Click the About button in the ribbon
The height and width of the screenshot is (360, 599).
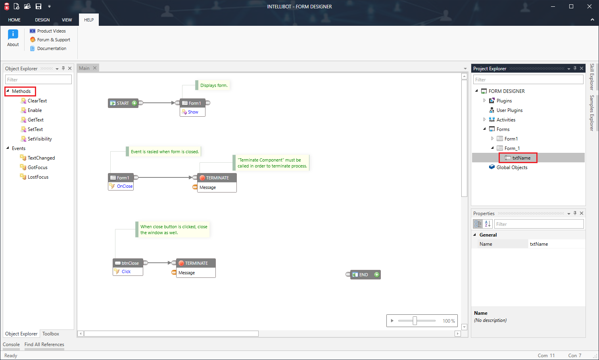click(x=13, y=38)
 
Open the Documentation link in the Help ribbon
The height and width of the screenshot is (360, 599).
click(x=52, y=48)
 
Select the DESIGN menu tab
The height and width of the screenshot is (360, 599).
click(x=42, y=20)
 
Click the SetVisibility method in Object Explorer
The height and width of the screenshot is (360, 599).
click(x=40, y=139)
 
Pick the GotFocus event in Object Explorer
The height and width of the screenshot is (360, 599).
click(x=37, y=167)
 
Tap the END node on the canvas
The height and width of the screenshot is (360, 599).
click(x=363, y=275)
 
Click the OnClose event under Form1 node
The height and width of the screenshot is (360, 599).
click(x=125, y=186)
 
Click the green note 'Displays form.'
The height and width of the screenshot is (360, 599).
click(x=214, y=85)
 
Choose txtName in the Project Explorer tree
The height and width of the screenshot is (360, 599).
click(x=521, y=158)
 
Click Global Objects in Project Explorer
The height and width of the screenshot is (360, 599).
click(x=512, y=167)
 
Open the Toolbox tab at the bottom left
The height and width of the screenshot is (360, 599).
click(x=51, y=334)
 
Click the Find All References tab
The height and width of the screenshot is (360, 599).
click(x=44, y=345)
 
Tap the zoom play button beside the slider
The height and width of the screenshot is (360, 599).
click(x=392, y=321)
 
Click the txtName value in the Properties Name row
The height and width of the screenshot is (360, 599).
click(x=539, y=244)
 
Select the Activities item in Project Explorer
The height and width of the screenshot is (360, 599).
click(x=506, y=120)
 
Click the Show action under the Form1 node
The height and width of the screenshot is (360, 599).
click(x=193, y=112)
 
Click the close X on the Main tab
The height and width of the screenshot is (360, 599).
click(x=95, y=68)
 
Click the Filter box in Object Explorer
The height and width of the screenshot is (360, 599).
click(x=38, y=80)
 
